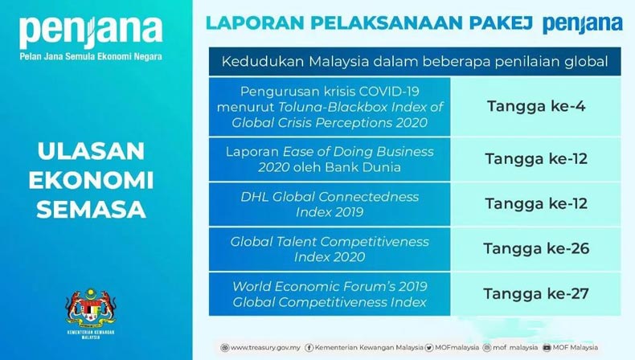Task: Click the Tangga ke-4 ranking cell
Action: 535,107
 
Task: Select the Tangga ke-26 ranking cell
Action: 535,249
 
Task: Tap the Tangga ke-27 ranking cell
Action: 535,294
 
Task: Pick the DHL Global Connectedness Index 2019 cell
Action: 330,204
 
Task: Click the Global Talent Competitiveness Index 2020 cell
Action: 330,249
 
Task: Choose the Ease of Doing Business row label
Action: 330,159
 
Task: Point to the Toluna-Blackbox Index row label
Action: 330,107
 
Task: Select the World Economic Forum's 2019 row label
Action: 330,294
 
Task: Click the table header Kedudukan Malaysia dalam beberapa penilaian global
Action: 415,62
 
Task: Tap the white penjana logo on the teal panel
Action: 91,31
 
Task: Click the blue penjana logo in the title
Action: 583,24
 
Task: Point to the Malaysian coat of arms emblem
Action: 91,309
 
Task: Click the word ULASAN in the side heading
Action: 91,151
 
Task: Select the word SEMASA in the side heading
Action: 91,210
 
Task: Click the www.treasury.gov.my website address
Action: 265,347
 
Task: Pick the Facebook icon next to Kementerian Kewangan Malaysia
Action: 309,347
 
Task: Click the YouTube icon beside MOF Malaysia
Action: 547,347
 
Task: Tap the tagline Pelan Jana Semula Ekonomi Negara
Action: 91,56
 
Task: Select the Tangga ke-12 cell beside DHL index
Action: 535,204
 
